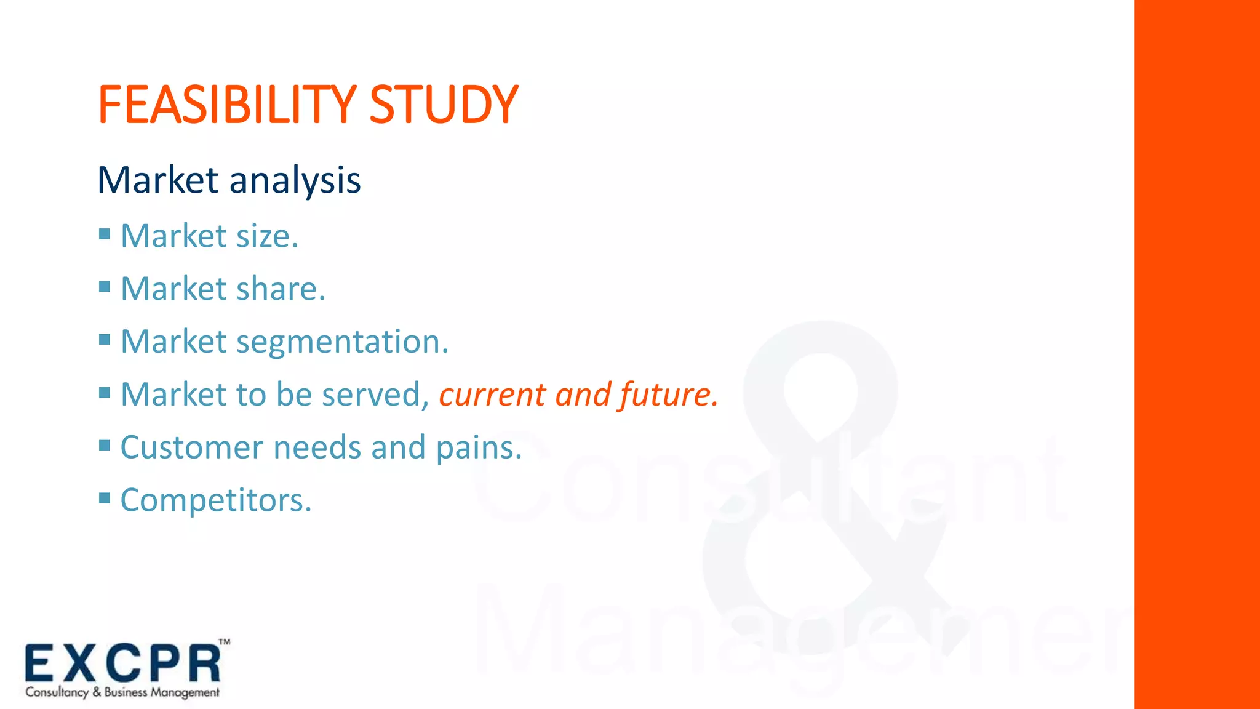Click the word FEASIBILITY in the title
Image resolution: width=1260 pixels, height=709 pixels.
(226, 105)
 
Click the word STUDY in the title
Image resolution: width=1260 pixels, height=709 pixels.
(443, 105)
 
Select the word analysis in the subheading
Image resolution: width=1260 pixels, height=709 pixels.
(295, 181)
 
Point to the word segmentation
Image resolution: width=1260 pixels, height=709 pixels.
(342, 342)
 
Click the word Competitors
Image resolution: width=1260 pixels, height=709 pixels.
(216, 500)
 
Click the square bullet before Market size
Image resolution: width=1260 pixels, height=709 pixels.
(105, 234)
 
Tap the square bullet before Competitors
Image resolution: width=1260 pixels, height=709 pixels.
(105, 498)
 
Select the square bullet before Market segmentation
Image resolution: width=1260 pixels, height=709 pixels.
(105, 340)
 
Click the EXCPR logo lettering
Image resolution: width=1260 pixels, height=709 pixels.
(123, 664)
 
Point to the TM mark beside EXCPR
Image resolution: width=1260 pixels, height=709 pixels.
(225, 642)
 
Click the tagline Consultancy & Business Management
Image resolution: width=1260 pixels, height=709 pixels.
(122, 692)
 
